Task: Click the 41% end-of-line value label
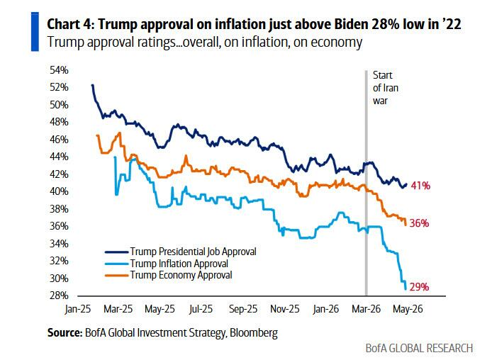click(420, 186)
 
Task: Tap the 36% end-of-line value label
click(419, 223)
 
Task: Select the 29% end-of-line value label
click(419, 287)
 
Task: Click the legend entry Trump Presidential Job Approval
click(193, 252)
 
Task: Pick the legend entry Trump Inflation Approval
click(179, 264)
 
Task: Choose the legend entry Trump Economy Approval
click(181, 275)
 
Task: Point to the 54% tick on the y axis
click(59, 70)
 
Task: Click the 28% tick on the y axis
click(59, 296)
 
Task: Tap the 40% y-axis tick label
click(59, 191)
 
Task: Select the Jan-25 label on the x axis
click(78, 309)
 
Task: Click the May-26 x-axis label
click(408, 309)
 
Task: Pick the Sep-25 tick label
click(243, 309)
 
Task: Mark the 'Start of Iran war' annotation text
click(386, 88)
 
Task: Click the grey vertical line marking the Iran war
click(367, 183)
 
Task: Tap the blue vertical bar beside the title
click(35, 31)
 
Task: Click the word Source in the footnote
click(65, 333)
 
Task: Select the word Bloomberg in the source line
click(254, 333)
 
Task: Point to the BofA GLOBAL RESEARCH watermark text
click(419, 348)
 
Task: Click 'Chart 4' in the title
click(70, 24)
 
